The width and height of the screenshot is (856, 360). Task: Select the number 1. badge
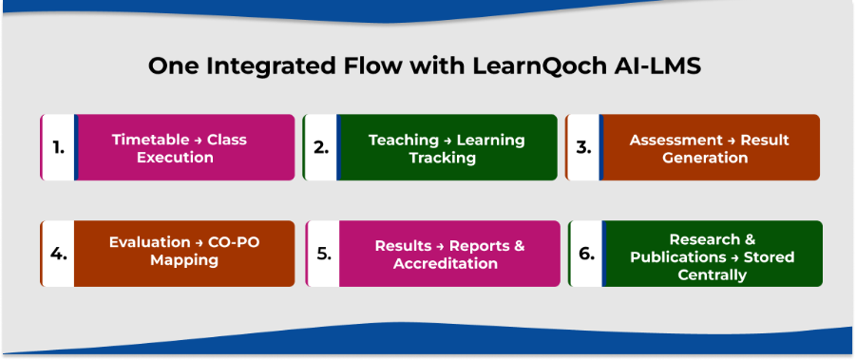pyautogui.click(x=58, y=147)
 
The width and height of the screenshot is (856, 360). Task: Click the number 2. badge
pyautogui.click(x=321, y=147)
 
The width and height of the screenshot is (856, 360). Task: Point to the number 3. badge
pyautogui.click(x=583, y=147)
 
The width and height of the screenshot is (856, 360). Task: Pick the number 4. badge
pyautogui.click(x=58, y=254)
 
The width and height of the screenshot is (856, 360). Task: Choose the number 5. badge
pyautogui.click(x=323, y=254)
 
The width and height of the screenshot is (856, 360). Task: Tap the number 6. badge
pyautogui.click(x=585, y=254)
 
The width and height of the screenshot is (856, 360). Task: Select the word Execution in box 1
pyautogui.click(x=175, y=157)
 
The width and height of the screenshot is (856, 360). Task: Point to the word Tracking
pyautogui.click(x=443, y=157)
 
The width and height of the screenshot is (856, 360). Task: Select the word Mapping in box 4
pyautogui.click(x=184, y=259)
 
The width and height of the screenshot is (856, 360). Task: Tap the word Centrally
pyautogui.click(x=712, y=275)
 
